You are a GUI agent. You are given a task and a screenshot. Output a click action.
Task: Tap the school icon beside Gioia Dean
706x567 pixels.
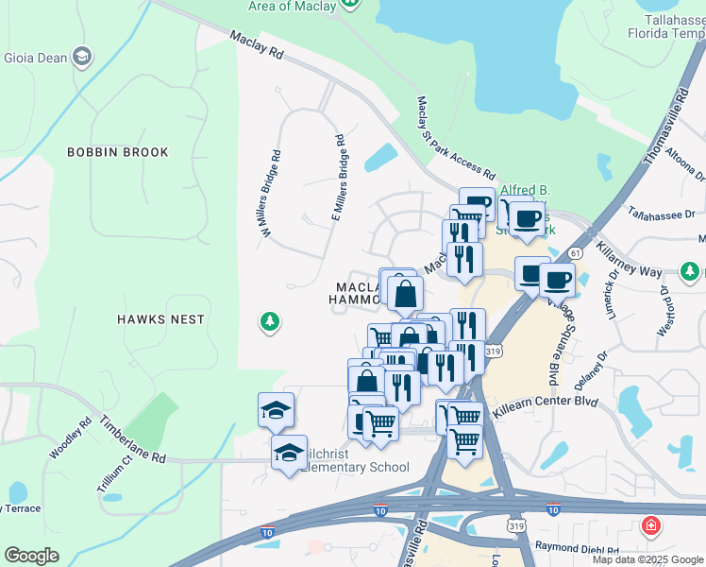pos(83,58)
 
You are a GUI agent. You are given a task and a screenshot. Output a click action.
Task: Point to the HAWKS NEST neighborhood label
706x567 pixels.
pos(160,319)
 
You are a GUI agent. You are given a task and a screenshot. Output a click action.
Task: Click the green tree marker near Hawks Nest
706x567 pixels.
pos(270,323)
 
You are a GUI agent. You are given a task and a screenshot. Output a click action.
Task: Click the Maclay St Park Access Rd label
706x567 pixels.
pos(456,138)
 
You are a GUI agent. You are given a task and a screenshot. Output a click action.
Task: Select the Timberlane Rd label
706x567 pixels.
pos(131,440)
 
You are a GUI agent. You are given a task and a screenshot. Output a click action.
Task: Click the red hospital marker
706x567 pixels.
pos(650,525)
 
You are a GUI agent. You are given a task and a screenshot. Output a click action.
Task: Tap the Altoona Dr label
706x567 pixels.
pos(685,162)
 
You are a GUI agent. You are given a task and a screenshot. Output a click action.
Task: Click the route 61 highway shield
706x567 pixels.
pos(575,253)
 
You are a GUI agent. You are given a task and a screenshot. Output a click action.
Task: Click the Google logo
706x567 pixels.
pos(32,556)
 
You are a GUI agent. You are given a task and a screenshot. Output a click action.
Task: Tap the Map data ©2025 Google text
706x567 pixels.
pos(647,559)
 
